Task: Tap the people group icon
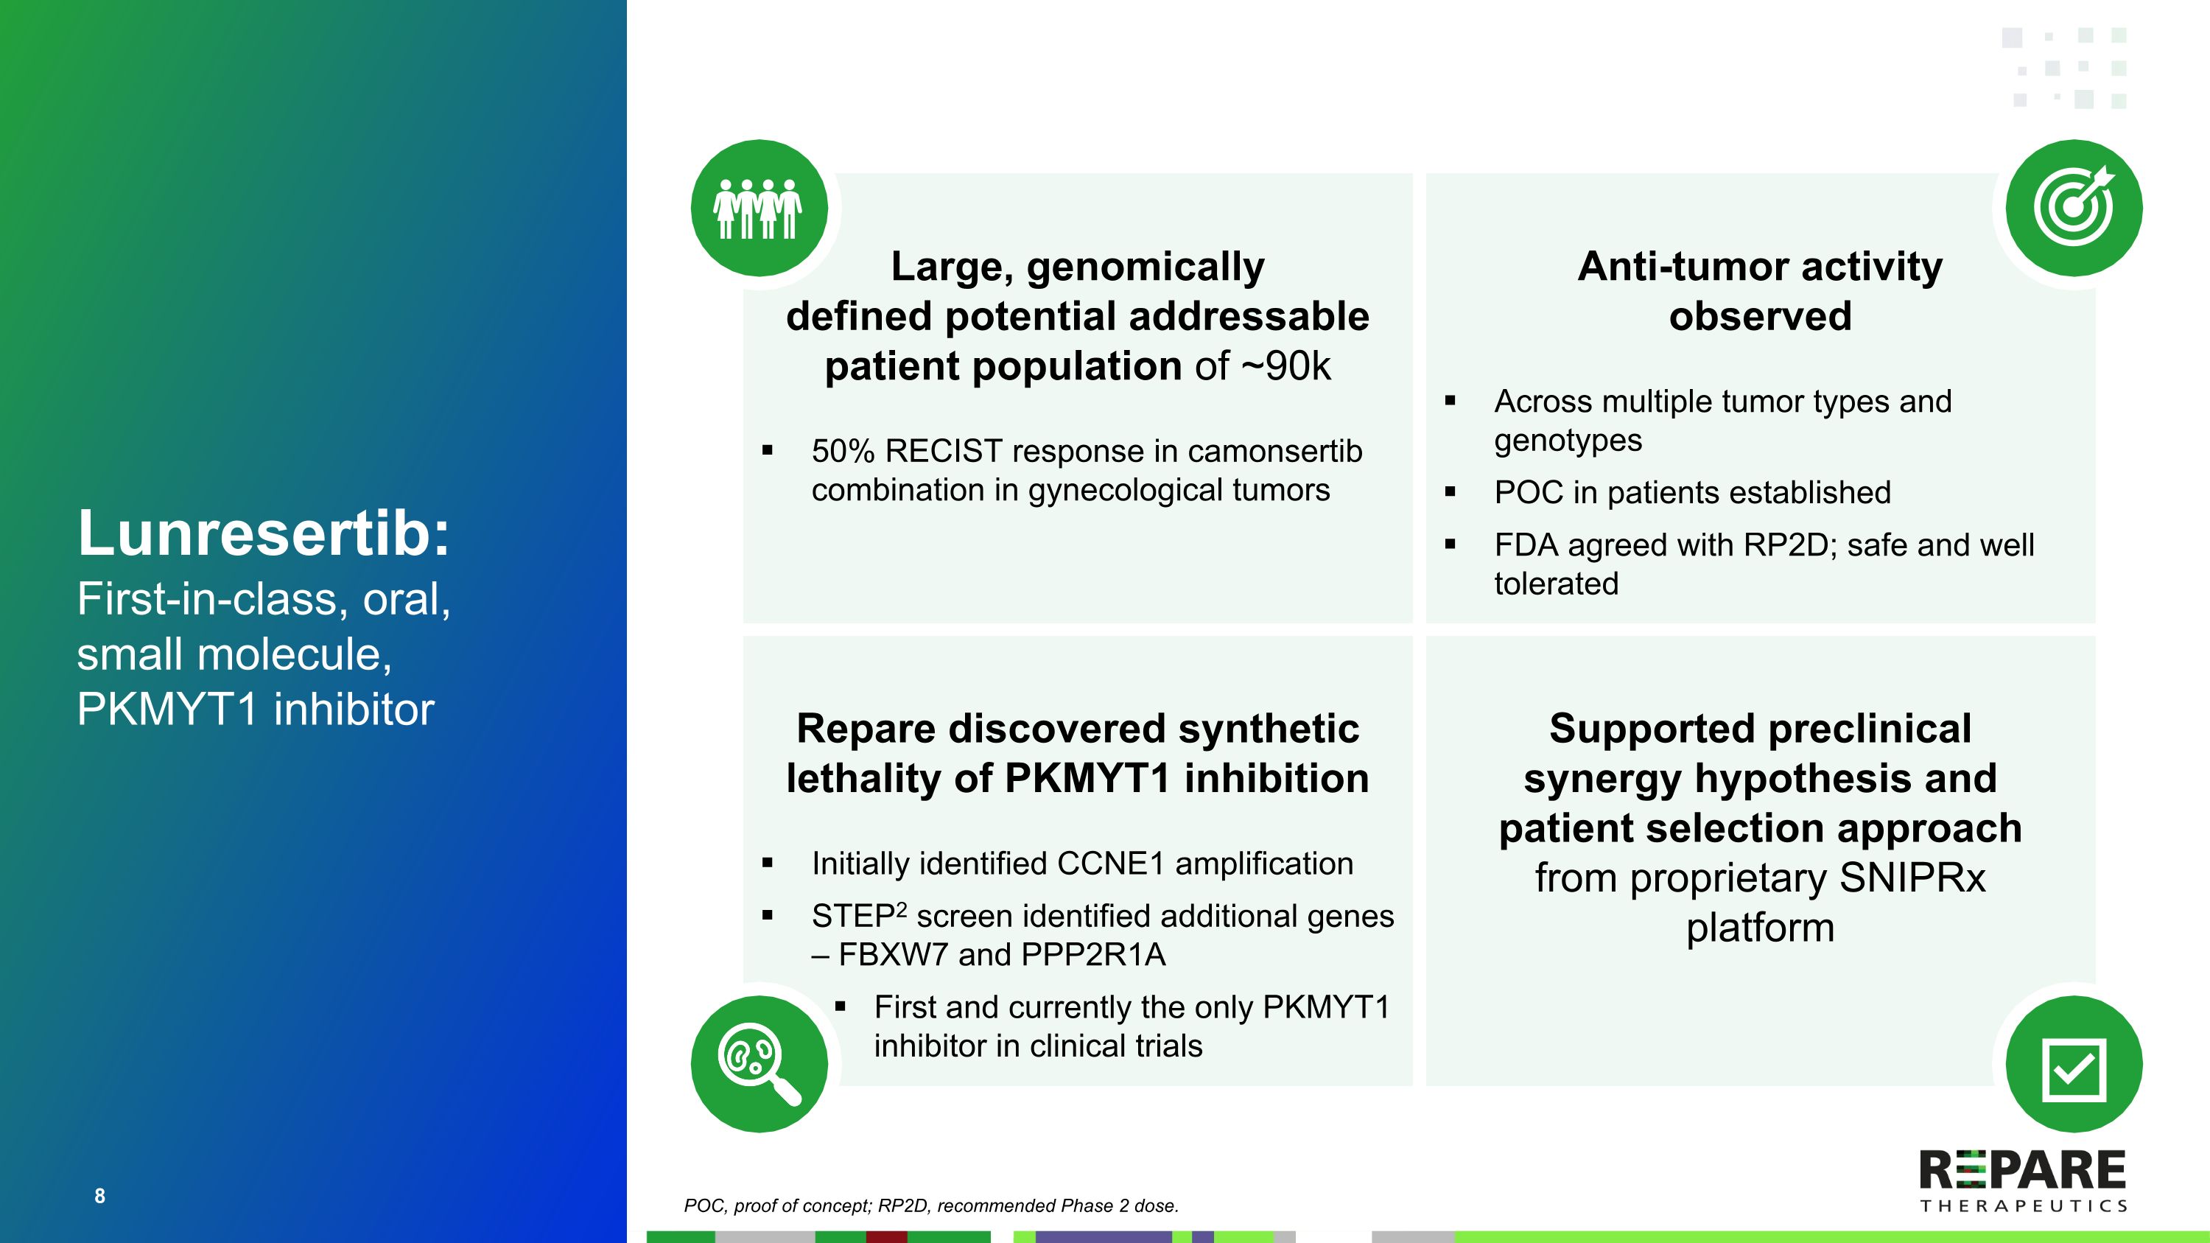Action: click(759, 209)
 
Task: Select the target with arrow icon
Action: click(2074, 208)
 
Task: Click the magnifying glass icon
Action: click(759, 1063)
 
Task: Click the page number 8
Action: click(99, 1196)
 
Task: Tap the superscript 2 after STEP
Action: click(902, 909)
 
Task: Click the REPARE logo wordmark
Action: click(2022, 1170)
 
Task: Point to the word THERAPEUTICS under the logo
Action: click(2023, 1206)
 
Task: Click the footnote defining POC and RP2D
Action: click(931, 1205)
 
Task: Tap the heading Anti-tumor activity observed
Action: click(1760, 291)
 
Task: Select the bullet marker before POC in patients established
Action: click(1450, 492)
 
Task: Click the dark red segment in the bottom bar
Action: click(886, 1237)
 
